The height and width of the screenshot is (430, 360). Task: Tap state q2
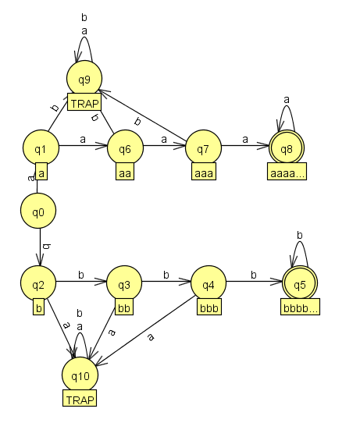click(37, 284)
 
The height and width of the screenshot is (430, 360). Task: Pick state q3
click(123, 284)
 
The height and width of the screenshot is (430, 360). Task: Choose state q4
click(208, 284)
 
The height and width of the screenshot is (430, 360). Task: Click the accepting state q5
click(300, 284)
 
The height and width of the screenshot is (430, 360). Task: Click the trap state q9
click(84, 80)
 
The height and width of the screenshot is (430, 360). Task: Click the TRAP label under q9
click(84, 103)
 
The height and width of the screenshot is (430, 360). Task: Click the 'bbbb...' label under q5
click(300, 308)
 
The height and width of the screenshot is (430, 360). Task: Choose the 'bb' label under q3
click(123, 308)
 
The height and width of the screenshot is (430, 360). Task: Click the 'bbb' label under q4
click(209, 308)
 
